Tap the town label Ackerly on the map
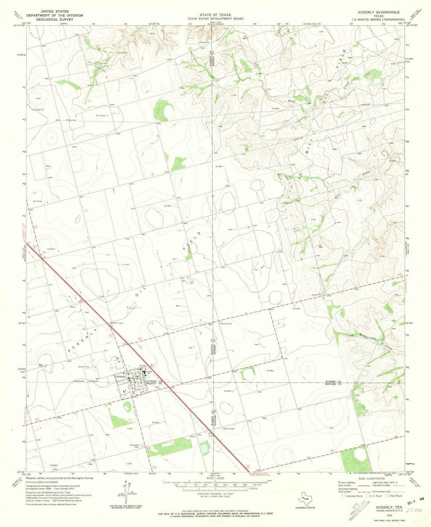(121, 376)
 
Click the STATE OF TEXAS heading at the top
(215, 15)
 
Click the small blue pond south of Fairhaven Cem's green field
(204, 448)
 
